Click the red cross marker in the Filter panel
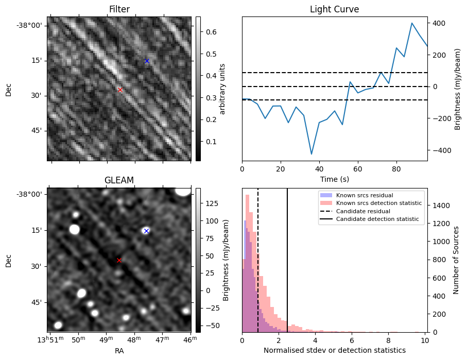click(x=120, y=90)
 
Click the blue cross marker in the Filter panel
click(x=147, y=61)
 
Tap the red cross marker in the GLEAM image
click(x=119, y=260)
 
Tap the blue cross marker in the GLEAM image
click(x=146, y=231)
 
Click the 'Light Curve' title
click(x=334, y=10)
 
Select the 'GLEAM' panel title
click(x=119, y=180)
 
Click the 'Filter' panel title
click(x=119, y=10)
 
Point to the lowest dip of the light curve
click(x=312, y=154)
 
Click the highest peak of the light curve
click(x=412, y=23)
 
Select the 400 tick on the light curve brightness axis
click(x=438, y=23)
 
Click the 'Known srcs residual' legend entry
click(x=364, y=196)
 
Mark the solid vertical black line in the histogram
click(x=287, y=258)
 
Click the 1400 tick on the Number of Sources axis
click(x=441, y=205)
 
